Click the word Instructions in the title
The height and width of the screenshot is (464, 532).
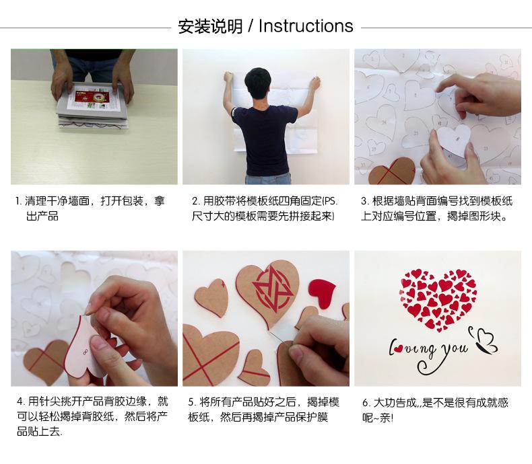306,26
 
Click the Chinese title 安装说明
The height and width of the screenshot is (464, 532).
210,26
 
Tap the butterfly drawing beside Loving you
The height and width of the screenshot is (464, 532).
483,340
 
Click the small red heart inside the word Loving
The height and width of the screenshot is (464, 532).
399,348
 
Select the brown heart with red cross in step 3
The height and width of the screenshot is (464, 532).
393,171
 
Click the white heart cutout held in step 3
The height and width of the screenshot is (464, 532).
454,141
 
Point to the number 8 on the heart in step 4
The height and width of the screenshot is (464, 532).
85,352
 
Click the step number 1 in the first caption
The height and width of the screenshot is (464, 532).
18,202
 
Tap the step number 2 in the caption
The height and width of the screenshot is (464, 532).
195,202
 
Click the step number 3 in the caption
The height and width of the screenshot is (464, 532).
364,202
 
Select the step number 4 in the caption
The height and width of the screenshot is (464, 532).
20,402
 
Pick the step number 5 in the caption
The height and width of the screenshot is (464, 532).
191,403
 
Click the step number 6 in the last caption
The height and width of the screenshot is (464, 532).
365,403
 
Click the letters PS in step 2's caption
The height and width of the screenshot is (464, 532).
329,202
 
